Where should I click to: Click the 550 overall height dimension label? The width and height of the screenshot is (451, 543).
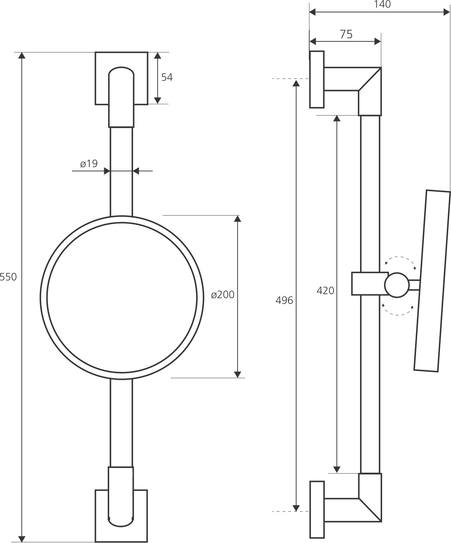pyautogui.click(x=8, y=277)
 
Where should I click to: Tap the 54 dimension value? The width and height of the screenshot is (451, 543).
pyautogui.click(x=167, y=77)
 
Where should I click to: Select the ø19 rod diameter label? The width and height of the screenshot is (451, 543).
pyautogui.click(x=89, y=164)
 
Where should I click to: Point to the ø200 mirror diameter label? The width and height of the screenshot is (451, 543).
pyautogui.click(x=223, y=295)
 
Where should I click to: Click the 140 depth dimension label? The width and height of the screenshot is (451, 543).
pyautogui.click(x=382, y=4)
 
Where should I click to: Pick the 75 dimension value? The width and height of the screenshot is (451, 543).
pyautogui.click(x=346, y=34)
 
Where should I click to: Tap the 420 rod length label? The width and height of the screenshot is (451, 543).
pyautogui.click(x=325, y=291)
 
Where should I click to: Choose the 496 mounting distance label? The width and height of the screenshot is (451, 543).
pyautogui.click(x=284, y=300)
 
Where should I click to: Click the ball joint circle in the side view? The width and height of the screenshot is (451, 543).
pyautogui.click(x=397, y=285)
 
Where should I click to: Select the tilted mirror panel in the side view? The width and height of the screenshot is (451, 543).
pyautogui.click(x=432, y=281)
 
